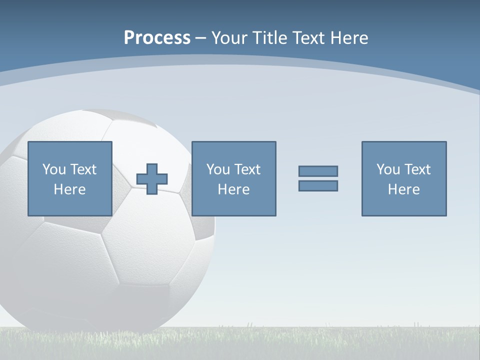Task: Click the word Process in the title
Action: pyautogui.click(x=157, y=38)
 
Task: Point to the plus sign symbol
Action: pyautogui.click(x=152, y=179)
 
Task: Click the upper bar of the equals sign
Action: pyautogui.click(x=318, y=171)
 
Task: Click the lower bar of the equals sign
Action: pyautogui.click(x=318, y=185)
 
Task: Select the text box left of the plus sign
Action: pyautogui.click(x=69, y=178)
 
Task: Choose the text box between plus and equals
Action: pyautogui.click(x=233, y=178)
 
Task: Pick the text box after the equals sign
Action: pyautogui.click(x=403, y=178)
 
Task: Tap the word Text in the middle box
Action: pyautogui.click(x=247, y=169)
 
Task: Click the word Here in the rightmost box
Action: pyautogui.click(x=403, y=189)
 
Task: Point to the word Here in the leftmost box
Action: pyautogui.click(x=69, y=189)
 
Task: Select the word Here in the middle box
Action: pyautogui.click(x=233, y=189)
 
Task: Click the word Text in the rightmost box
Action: pyautogui.click(x=417, y=169)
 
